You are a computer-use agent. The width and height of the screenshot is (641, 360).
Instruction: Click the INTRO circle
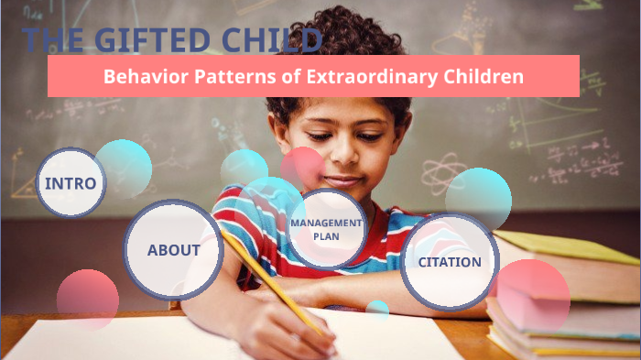[x=71, y=182]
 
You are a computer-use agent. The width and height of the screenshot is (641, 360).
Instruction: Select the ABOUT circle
[x=173, y=250]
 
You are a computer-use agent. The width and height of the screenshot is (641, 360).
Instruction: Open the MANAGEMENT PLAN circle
[x=326, y=229]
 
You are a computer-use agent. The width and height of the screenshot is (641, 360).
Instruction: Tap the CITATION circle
[x=450, y=262]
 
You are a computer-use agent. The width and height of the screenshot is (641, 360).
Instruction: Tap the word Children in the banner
[x=486, y=77]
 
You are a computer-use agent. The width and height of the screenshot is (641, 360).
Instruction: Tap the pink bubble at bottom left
[x=88, y=299]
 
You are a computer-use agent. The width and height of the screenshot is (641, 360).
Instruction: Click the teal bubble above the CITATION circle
[x=478, y=196]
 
